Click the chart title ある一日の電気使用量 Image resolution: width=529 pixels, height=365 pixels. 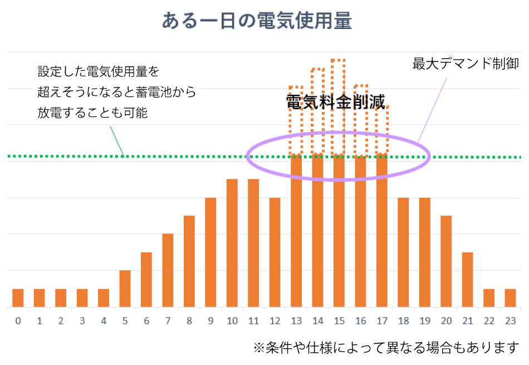tap(257, 21)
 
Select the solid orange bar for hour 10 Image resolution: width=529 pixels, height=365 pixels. tap(232, 243)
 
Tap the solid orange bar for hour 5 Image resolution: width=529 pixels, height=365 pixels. tap(125, 289)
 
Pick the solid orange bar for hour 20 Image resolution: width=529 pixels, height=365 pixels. tap(446, 261)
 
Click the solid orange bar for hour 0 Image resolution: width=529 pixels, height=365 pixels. tap(18, 298)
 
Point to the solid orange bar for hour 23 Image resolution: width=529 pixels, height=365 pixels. tap(510, 298)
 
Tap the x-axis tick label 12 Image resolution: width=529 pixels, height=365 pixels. tap(275, 322)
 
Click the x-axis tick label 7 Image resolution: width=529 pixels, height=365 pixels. tap(168, 322)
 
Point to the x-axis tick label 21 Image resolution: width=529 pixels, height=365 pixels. tap(467, 322)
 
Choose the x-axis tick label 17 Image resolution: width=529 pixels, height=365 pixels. tap(381, 322)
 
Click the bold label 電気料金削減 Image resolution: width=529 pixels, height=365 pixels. tap(335, 102)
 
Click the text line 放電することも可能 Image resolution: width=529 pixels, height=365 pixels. tap(93, 112)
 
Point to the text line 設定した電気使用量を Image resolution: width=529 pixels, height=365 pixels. tap(99, 72)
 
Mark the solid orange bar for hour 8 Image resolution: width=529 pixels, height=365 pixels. tap(189, 261)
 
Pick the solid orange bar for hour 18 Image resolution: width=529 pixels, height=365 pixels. tap(403, 252)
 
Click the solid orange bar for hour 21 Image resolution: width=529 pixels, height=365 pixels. tap(467, 280)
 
